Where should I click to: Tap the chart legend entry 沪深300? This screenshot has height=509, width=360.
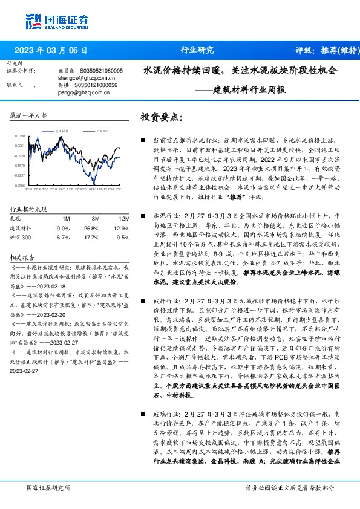pos(102,130)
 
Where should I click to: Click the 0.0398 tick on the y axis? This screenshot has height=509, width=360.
pos(20,137)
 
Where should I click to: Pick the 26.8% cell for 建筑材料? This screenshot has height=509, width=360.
pos(91,228)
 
